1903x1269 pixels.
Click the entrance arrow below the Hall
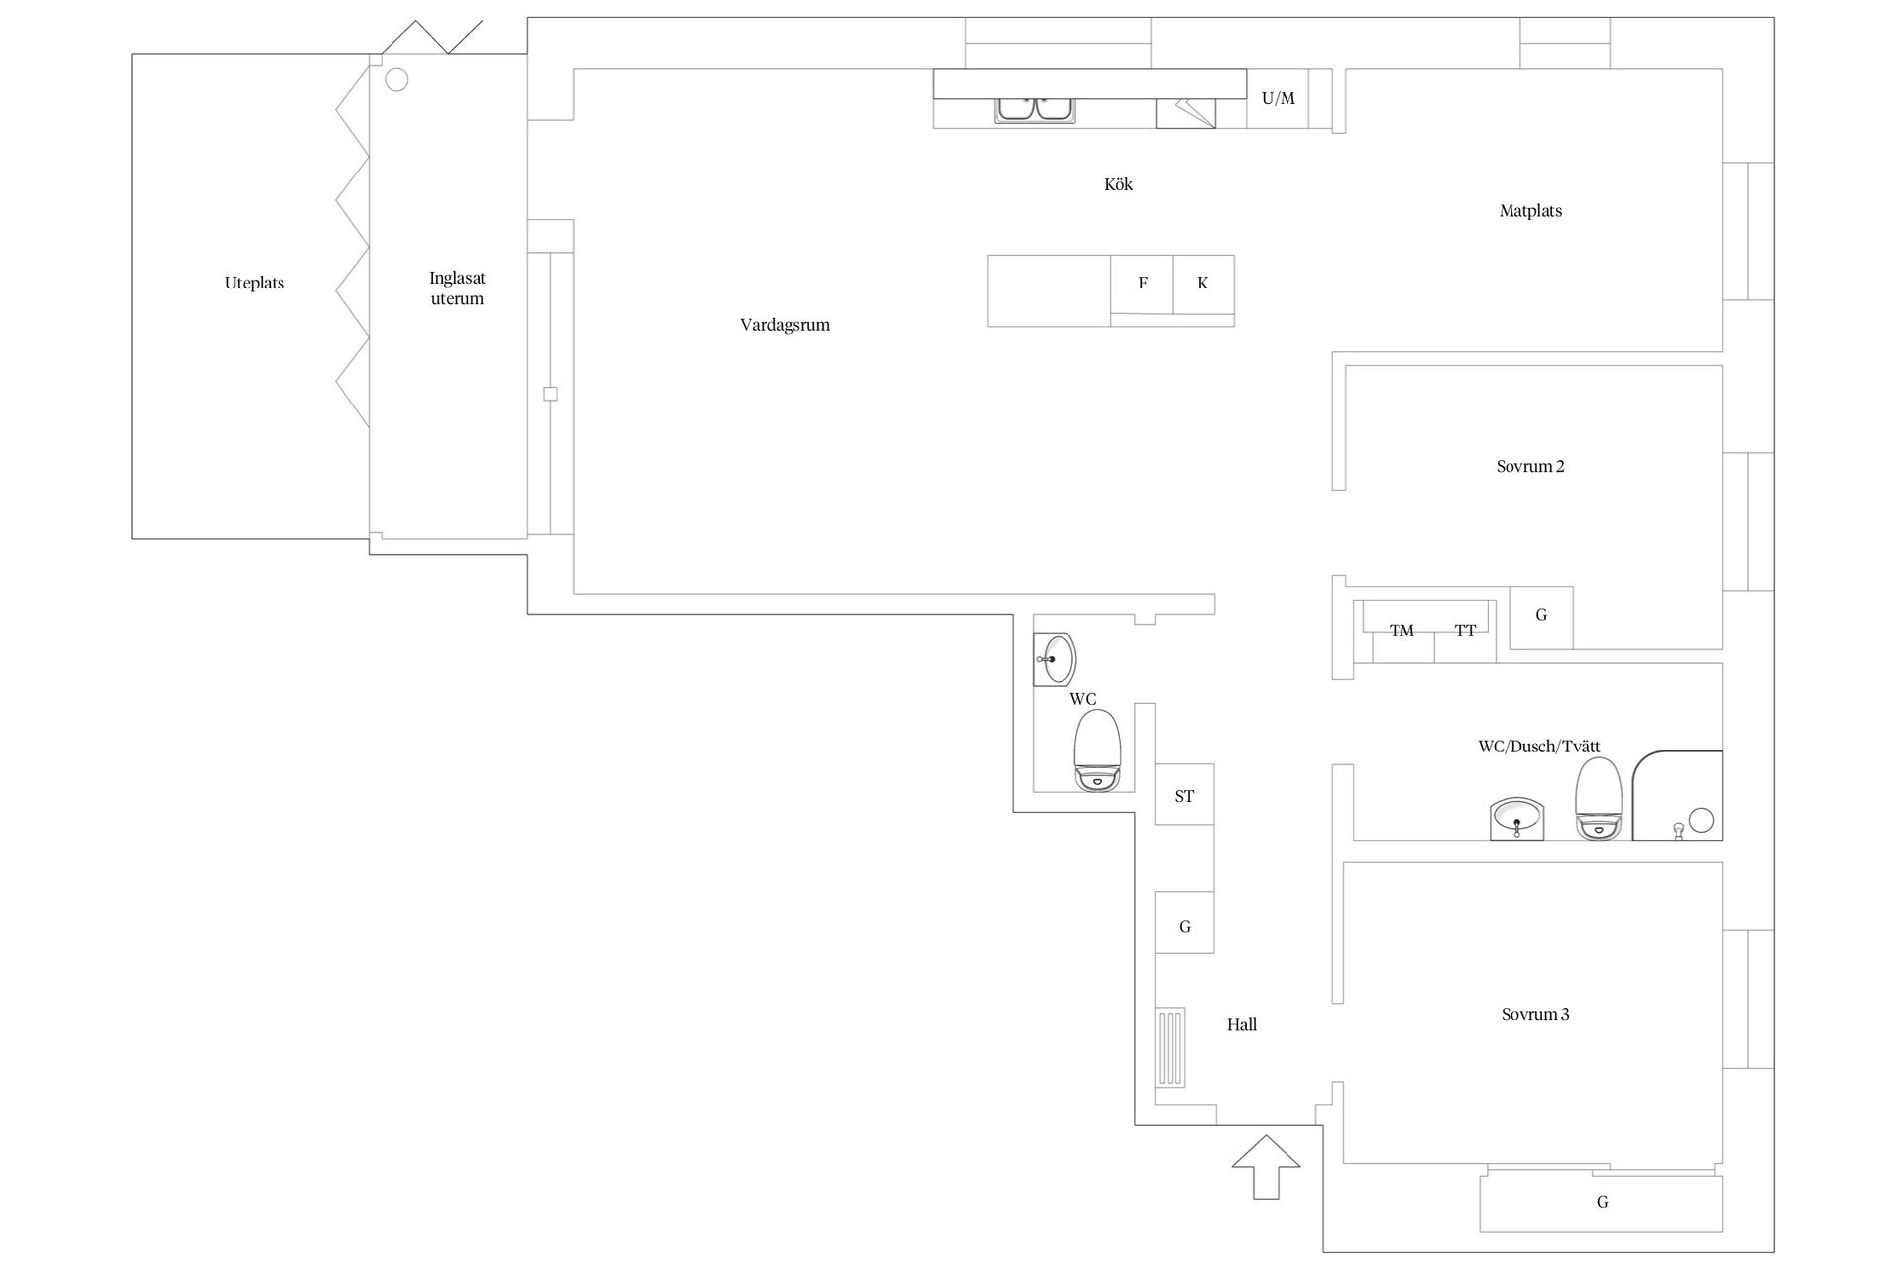click(x=1266, y=1167)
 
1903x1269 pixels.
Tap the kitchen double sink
click(x=1036, y=109)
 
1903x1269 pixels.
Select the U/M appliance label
click(x=1278, y=98)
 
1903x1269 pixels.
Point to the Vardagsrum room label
click(x=785, y=325)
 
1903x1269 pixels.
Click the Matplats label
click(x=1530, y=211)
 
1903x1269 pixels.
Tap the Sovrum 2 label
click(x=1530, y=466)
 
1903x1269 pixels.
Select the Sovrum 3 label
click(x=1535, y=1014)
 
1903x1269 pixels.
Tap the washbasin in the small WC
click(x=1055, y=659)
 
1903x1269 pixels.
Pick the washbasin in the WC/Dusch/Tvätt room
click(x=1516, y=819)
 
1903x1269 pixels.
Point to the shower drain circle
click(x=1701, y=820)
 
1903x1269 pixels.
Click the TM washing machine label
click(x=1401, y=631)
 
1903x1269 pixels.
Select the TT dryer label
click(x=1465, y=631)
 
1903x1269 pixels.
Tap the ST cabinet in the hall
click(x=1184, y=794)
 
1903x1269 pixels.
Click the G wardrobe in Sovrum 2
click(x=1541, y=618)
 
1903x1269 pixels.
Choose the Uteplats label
click(x=255, y=284)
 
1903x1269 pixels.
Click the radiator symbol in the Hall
click(x=1170, y=1048)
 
